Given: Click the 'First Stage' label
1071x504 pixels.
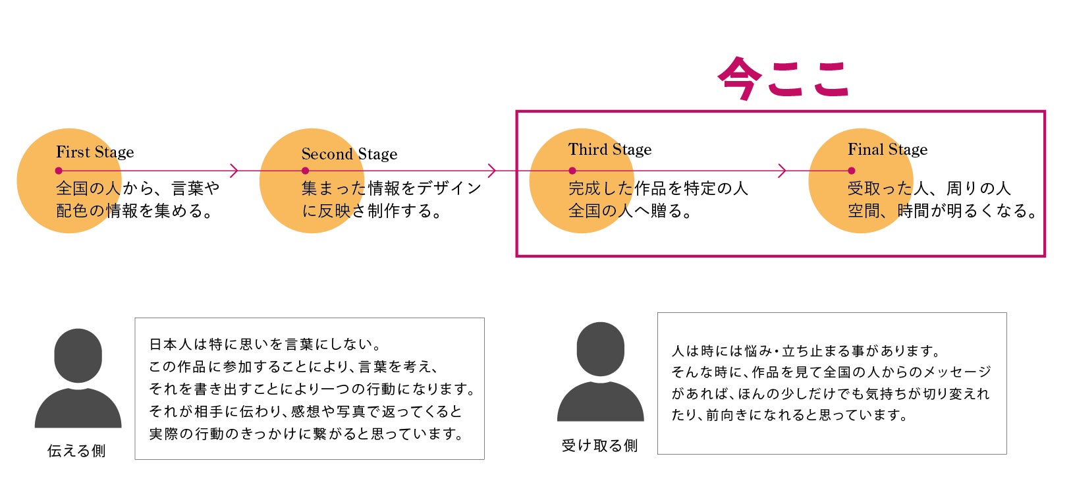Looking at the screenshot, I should click(x=95, y=152).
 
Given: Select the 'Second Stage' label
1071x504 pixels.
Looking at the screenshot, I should click(x=349, y=154).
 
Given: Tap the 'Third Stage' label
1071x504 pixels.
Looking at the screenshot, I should click(x=609, y=150).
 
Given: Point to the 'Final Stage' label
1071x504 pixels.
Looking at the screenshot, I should click(x=887, y=150).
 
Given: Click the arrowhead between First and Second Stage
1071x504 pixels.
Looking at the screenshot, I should click(x=234, y=171).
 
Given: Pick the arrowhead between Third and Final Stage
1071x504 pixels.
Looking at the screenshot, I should click(x=783, y=171).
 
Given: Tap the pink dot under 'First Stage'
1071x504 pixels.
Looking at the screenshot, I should click(x=59, y=171).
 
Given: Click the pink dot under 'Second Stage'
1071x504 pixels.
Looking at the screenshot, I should click(x=305, y=171).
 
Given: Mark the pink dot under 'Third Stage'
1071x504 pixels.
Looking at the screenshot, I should click(x=572, y=171).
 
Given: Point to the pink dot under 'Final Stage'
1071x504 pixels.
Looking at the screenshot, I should click(x=851, y=171).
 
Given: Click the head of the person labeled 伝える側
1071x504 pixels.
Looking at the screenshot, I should click(x=78, y=354).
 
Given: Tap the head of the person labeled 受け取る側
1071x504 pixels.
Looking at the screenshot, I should click(x=600, y=349).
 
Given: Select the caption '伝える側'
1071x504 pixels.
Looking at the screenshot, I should click(x=76, y=451).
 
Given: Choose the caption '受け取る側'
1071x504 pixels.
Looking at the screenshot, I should click(x=599, y=446).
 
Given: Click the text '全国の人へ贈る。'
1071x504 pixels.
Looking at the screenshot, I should click(x=630, y=211).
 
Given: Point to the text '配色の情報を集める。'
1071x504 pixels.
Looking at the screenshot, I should click(x=134, y=211).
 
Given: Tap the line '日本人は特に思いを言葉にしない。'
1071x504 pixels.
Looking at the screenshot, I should click(x=265, y=344).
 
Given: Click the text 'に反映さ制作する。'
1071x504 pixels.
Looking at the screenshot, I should click(x=371, y=211).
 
